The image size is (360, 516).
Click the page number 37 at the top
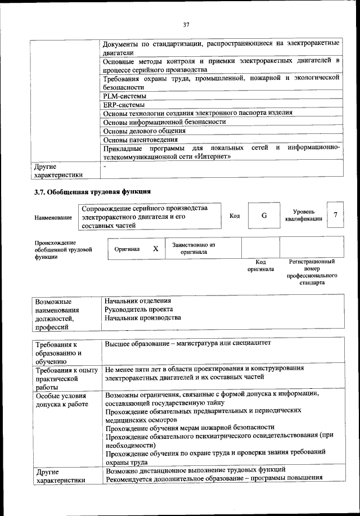(186, 24)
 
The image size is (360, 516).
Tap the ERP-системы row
(122, 105)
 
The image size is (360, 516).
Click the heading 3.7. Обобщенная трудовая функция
(93, 192)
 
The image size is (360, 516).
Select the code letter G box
(264, 216)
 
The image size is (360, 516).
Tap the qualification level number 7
(335, 216)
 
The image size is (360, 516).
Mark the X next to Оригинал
(156, 248)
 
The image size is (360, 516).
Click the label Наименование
(53, 217)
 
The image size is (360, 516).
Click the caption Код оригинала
(260, 266)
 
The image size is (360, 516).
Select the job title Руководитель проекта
(138, 309)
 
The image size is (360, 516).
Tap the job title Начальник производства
(143, 318)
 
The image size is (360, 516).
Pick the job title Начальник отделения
(137, 301)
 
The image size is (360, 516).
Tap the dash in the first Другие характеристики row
(105, 167)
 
